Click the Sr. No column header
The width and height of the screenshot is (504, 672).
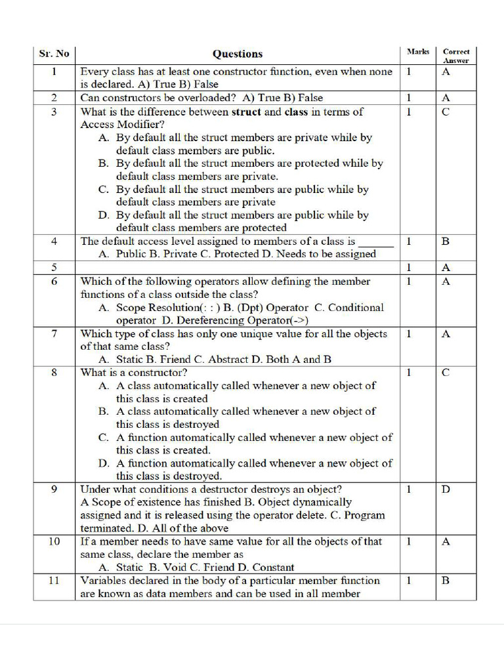click(54, 54)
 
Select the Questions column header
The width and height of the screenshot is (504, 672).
click(237, 54)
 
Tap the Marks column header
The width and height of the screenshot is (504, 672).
click(417, 51)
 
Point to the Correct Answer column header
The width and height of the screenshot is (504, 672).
click(456, 55)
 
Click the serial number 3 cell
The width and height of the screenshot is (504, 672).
click(54, 112)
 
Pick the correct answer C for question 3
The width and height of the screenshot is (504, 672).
click(446, 112)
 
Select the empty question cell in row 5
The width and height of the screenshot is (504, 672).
click(237, 267)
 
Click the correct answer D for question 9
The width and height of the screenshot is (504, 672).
click(446, 489)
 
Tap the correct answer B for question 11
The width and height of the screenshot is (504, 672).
click(446, 580)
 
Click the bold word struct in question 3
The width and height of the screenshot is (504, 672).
click(247, 112)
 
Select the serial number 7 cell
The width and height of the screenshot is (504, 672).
click(54, 333)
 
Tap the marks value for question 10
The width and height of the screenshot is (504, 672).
click(408, 541)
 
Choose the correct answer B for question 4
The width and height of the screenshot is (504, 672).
click(446, 241)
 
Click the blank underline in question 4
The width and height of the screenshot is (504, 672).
click(375, 243)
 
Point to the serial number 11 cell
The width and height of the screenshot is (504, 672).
click(54, 580)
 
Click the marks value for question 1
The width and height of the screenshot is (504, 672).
click(408, 72)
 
